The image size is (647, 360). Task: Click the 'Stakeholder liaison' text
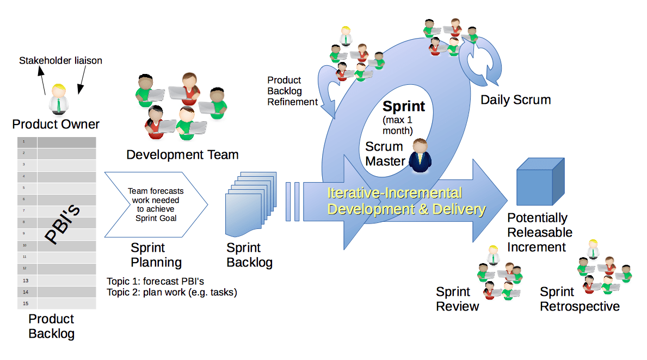tap(60, 60)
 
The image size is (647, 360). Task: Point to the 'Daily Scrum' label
tap(515, 100)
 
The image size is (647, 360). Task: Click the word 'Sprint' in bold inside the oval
tap(404, 106)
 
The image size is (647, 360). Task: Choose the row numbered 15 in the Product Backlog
tap(57, 303)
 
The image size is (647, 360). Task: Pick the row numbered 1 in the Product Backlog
tap(57, 142)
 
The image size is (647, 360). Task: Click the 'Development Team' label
tap(182, 155)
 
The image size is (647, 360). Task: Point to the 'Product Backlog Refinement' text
tap(292, 91)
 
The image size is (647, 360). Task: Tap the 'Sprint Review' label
tap(457, 299)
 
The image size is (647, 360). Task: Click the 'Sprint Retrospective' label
tap(579, 299)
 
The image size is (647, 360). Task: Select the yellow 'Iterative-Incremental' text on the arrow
tap(395, 193)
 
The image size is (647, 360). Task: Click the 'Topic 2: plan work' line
tap(172, 292)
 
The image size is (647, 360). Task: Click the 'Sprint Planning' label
tap(156, 255)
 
